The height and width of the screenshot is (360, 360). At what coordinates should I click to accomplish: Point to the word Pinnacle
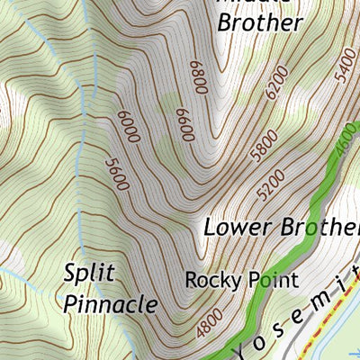(x=112, y=303)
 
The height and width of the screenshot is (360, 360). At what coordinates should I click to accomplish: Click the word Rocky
(x=212, y=280)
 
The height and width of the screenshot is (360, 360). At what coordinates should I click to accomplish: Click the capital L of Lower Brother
(x=211, y=227)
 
